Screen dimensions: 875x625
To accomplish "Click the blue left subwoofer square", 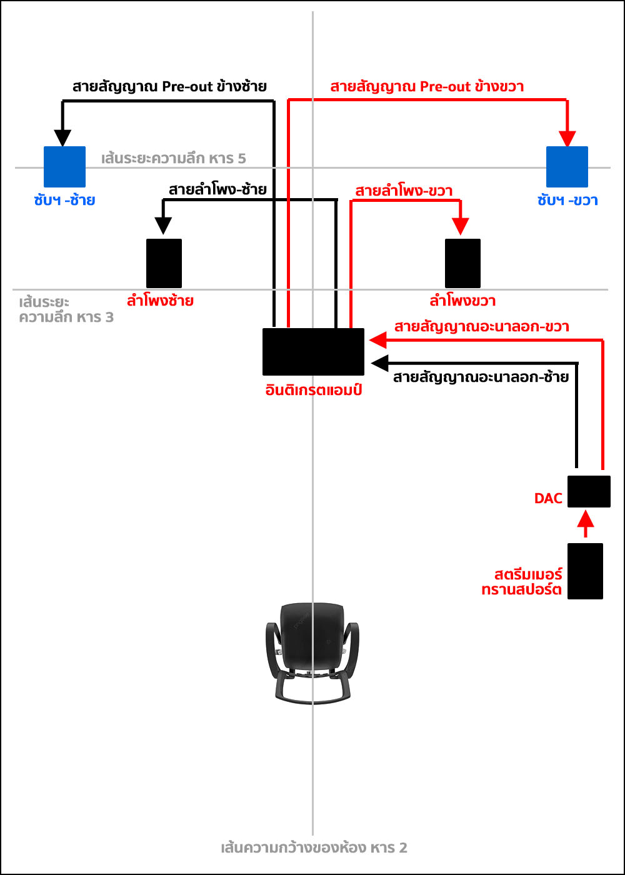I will (64, 167).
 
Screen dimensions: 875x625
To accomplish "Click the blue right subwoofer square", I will (567, 167).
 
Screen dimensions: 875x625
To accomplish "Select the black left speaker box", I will (164, 263).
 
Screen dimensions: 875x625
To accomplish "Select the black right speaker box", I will (462, 263).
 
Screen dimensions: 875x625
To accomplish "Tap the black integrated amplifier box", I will (313, 351).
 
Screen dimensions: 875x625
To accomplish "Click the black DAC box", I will (589, 491).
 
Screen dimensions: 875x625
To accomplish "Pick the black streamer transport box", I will (585, 571).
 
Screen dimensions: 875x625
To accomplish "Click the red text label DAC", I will (548, 498).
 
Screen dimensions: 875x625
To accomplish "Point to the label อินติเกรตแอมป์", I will (312, 390).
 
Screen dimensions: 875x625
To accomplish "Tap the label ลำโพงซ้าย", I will (160, 301).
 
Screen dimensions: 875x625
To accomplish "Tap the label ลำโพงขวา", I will (462, 301).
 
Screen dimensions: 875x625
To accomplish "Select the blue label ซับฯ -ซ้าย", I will (64, 201).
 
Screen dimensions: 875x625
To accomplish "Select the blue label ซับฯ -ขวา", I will (568, 201).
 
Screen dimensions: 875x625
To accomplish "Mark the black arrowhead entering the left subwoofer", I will (62, 137).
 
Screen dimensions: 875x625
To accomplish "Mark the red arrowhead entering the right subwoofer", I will (567, 139).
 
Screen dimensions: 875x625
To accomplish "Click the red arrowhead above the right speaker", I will (461, 226).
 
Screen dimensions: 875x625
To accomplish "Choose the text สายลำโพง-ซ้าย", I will (217, 189).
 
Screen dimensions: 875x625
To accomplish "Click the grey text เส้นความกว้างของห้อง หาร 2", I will (314, 848).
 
